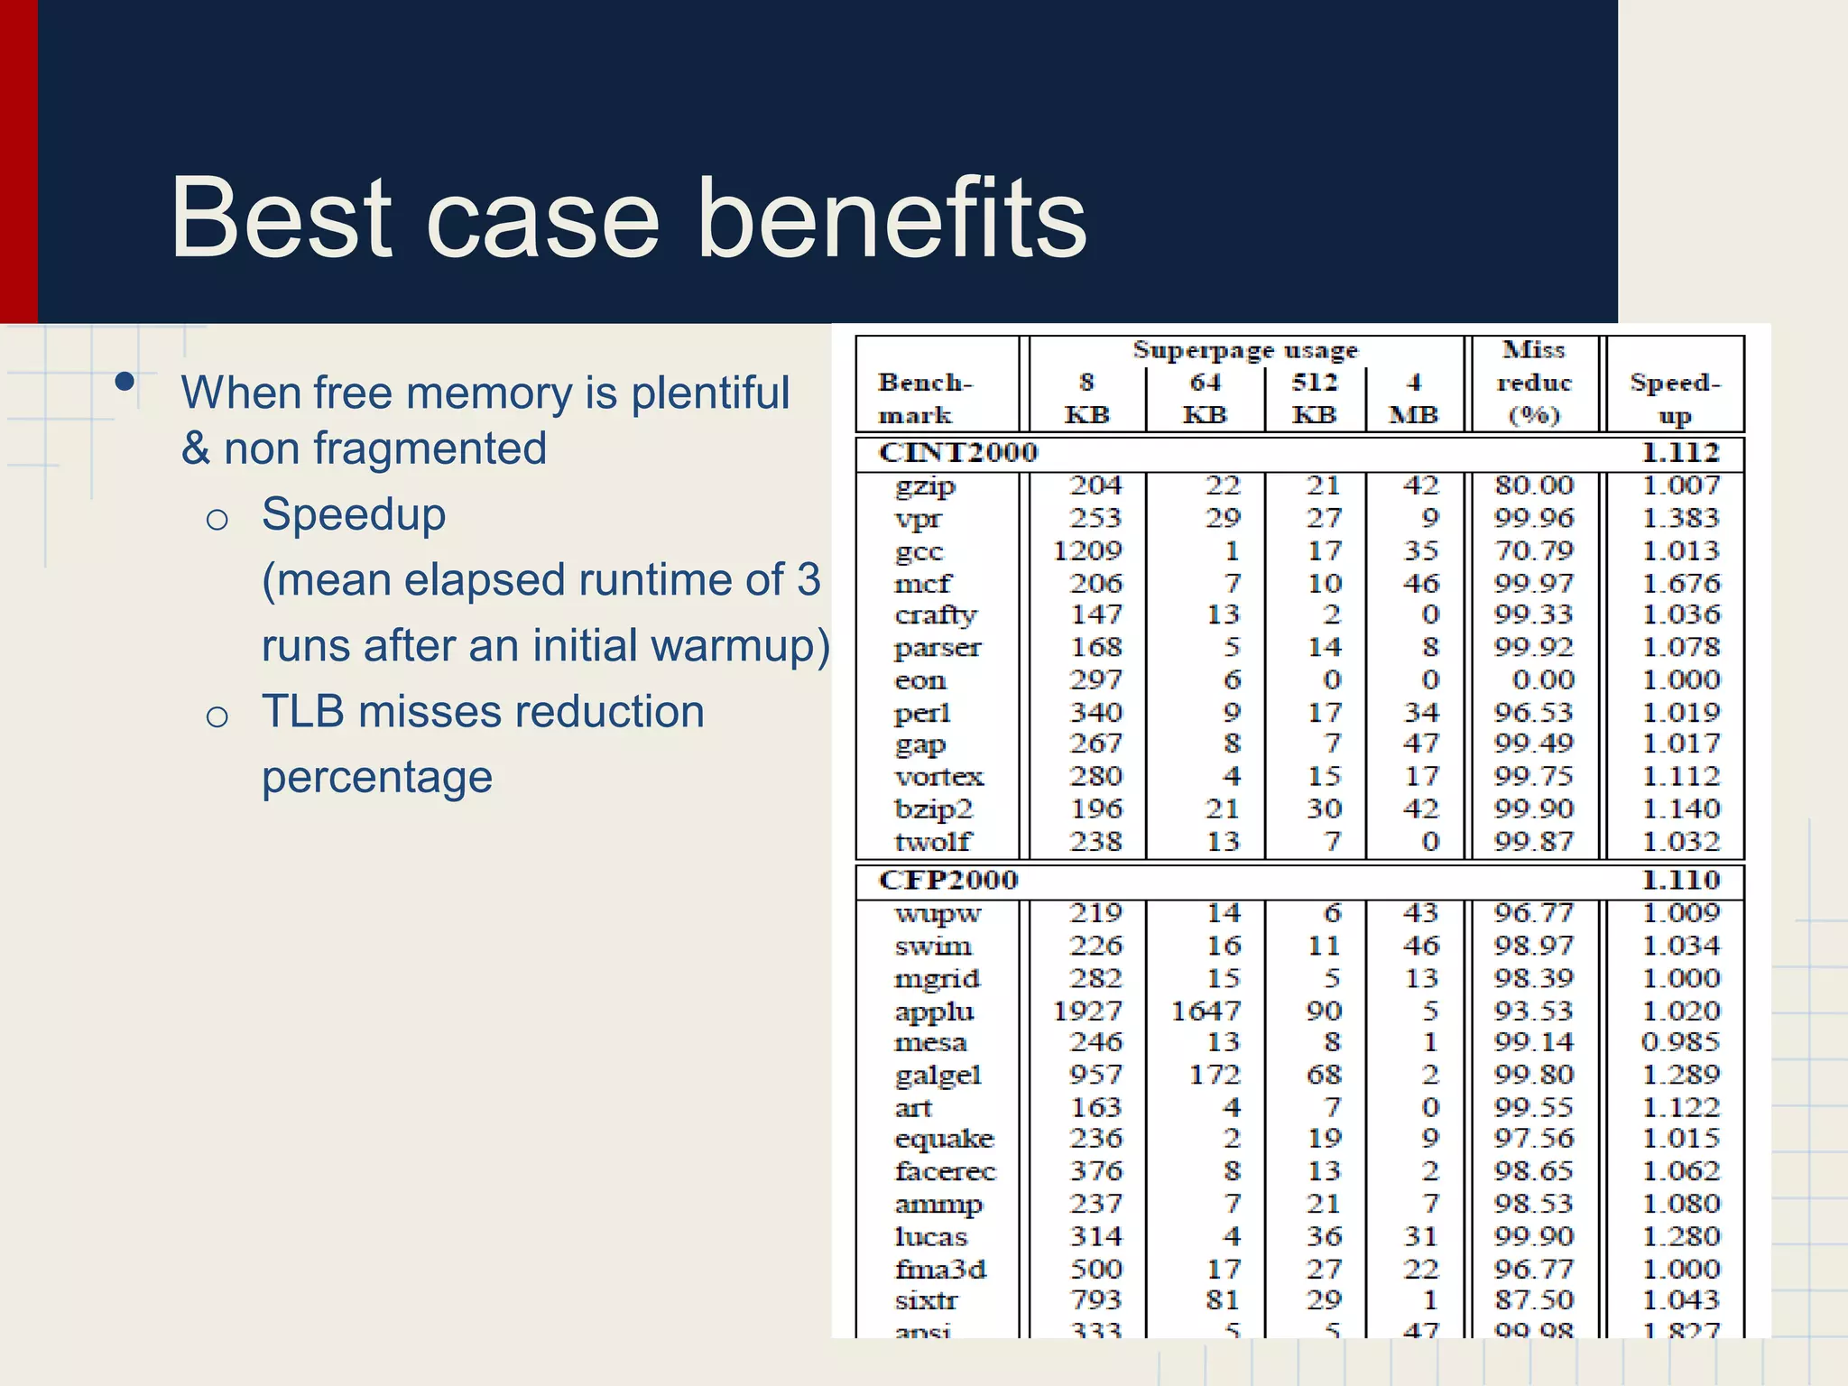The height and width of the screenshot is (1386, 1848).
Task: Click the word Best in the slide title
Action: (x=281, y=219)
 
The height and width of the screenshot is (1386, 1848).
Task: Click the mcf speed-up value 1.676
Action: (x=1680, y=583)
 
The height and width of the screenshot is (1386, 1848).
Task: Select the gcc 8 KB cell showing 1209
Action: (x=1087, y=550)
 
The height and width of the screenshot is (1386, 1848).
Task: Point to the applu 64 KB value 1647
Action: (x=1206, y=1011)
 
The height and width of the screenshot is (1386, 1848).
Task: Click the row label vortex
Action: (x=938, y=777)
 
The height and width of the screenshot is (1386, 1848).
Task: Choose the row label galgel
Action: (x=938, y=1076)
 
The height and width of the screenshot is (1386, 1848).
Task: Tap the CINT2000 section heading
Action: (x=957, y=453)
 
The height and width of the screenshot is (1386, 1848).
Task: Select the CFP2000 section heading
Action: (x=947, y=880)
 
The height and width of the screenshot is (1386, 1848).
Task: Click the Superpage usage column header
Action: (x=1245, y=350)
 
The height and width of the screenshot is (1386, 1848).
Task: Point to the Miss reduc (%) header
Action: (x=1533, y=383)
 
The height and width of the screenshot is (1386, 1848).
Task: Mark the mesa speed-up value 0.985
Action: (x=1680, y=1042)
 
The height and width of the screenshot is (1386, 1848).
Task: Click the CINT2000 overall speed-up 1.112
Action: (x=1680, y=453)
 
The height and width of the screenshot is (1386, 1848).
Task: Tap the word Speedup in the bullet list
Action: (x=354, y=515)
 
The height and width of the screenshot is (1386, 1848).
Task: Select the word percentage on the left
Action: (x=377, y=777)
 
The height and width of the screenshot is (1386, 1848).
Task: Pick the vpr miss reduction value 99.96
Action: (x=1533, y=518)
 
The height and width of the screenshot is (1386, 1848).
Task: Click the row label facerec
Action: (x=945, y=1171)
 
